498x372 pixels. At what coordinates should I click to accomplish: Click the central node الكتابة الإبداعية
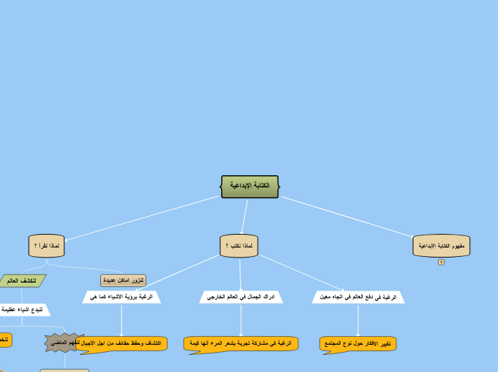[x=250, y=186]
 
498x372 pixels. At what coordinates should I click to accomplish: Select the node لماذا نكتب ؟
[x=238, y=245]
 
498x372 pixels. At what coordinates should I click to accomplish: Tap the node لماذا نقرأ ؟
[x=47, y=245]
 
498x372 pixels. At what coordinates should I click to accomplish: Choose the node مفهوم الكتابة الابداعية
[x=441, y=245]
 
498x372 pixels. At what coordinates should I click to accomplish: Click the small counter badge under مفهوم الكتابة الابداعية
[x=441, y=262]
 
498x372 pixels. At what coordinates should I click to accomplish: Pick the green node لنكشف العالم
[x=21, y=280]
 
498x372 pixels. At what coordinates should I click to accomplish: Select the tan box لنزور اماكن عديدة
[x=123, y=280]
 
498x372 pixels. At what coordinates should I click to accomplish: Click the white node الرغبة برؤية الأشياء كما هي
[x=122, y=296]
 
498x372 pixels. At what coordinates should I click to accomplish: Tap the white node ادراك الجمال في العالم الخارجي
[x=241, y=296]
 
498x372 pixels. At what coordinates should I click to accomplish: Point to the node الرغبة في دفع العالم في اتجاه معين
[x=358, y=296]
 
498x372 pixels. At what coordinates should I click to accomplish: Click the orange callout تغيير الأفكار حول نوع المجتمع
[x=358, y=343]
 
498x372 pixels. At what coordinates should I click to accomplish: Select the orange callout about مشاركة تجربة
[x=241, y=343]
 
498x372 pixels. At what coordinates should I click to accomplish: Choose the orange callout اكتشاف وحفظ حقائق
[x=122, y=343]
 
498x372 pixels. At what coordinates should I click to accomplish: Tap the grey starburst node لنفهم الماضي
[x=64, y=343]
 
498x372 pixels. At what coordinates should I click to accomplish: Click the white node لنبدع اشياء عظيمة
[x=26, y=310]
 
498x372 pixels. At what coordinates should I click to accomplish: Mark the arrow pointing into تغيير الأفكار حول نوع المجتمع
[x=358, y=320]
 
